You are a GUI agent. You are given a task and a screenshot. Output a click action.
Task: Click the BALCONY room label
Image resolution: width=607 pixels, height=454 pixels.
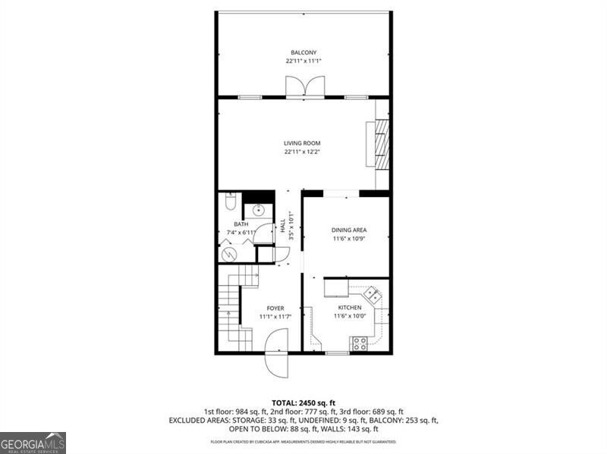303,52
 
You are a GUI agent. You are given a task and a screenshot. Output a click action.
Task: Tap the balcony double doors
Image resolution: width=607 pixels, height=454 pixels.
303,87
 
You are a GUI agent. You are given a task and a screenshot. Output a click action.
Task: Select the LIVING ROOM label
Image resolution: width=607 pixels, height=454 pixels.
303,143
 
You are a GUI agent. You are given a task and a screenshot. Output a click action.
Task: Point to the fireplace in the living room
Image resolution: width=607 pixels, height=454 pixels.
382,143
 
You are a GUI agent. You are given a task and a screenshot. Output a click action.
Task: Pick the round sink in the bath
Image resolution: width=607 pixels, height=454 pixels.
258,211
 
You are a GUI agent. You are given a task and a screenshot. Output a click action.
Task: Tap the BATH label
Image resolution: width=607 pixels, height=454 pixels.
241,224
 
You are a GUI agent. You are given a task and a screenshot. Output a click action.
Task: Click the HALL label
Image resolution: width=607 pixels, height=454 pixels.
282,225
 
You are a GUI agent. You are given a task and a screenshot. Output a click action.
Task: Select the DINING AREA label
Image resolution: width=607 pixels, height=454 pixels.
349,230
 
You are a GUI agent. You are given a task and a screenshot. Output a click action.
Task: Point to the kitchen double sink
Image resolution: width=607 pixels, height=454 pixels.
370,292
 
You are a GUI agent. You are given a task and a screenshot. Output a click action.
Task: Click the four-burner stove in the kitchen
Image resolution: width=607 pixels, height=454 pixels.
359,344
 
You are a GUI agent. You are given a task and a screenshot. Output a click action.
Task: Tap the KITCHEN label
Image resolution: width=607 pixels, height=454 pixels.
349,307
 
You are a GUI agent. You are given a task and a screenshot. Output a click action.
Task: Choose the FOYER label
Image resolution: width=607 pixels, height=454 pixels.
275,308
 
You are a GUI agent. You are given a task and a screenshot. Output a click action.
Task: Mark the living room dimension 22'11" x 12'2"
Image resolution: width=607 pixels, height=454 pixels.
303,152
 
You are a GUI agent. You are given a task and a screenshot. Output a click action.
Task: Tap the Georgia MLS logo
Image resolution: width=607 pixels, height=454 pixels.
33,443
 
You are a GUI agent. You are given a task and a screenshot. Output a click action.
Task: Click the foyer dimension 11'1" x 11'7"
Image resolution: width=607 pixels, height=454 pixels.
275,316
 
